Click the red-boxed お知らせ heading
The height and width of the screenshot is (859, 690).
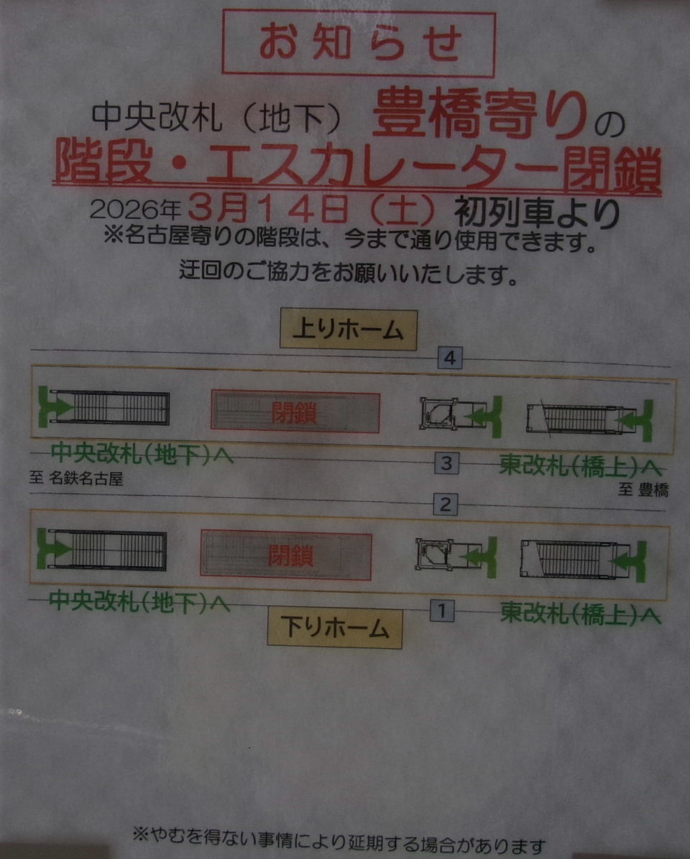coord(359,43)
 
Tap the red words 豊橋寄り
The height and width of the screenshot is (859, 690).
coord(479,116)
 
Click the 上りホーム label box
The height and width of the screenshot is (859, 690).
coord(348,329)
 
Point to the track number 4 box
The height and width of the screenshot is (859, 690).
coord(450,358)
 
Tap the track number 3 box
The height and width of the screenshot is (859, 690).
coord(446,463)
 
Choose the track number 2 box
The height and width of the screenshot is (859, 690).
coord(445,504)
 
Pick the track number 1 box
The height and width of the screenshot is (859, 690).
coord(442,610)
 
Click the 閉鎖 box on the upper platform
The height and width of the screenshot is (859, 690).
coord(295,412)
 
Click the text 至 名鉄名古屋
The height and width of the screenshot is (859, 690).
coord(76,479)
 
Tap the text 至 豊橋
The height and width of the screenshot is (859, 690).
coord(643,490)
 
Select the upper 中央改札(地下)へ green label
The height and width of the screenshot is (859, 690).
coord(142,454)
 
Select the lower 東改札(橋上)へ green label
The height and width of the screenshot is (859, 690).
coord(580,613)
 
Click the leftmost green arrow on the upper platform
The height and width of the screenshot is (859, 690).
coord(55,407)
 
